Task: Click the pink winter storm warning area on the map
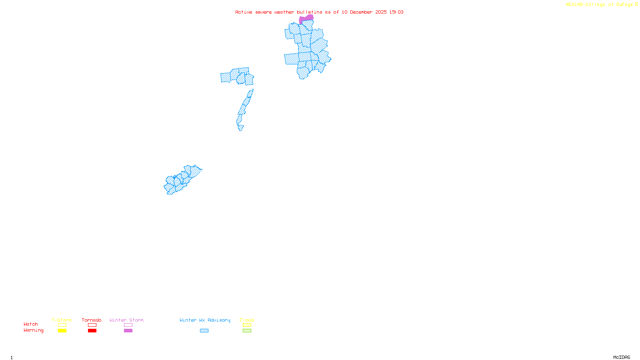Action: (306, 18)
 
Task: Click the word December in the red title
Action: (361, 12)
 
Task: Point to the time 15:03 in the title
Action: (396, 12)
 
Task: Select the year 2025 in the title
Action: (381, 12)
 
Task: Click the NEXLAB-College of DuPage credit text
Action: (599, 4)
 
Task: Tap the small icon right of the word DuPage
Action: (636, 4)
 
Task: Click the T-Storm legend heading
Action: (62, 320)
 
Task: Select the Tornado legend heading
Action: (92, 320)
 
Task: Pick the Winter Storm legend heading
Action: (126, 320)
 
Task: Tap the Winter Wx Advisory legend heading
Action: (205, 320)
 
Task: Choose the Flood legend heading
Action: (247, 320)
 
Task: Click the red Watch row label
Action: (31, 324)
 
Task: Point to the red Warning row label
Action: (33, 330)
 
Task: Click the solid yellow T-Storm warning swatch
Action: (62, 331)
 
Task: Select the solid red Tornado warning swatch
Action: (92, 331)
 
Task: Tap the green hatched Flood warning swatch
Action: (247, 331)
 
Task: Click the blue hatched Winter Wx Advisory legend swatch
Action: (204, 331)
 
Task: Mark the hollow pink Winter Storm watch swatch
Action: (128, 325)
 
